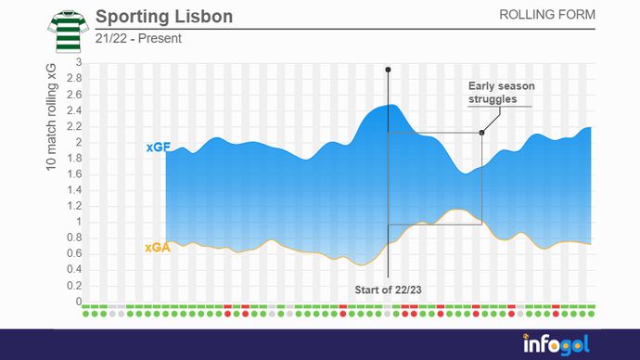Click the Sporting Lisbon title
pyautogui.click(x=164, y=18)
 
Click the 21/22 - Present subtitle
pyautogui.click(x=138, y=39)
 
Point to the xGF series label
pyautogui.click(x=156, y=148)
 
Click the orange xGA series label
pyautogui.click(x=157, y=248)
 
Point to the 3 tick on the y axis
pyautogui.click(x=79, y=63)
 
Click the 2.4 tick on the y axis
pyautogui.click(x=75, y=110)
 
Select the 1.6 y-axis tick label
pyautogui.click(x=75, y=174)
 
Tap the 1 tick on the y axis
pyautogui.click(x=79, y=222)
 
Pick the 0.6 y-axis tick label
pyautogui.click(x=75, y=254)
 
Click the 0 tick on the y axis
pyautogui.click(x=79, y=302)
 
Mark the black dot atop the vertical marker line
pyautogui.click(x=388, y=70)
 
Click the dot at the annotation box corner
pyautogui.click(x=481, y=133)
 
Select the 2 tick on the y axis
pyautogui.click(x=79, y=142)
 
